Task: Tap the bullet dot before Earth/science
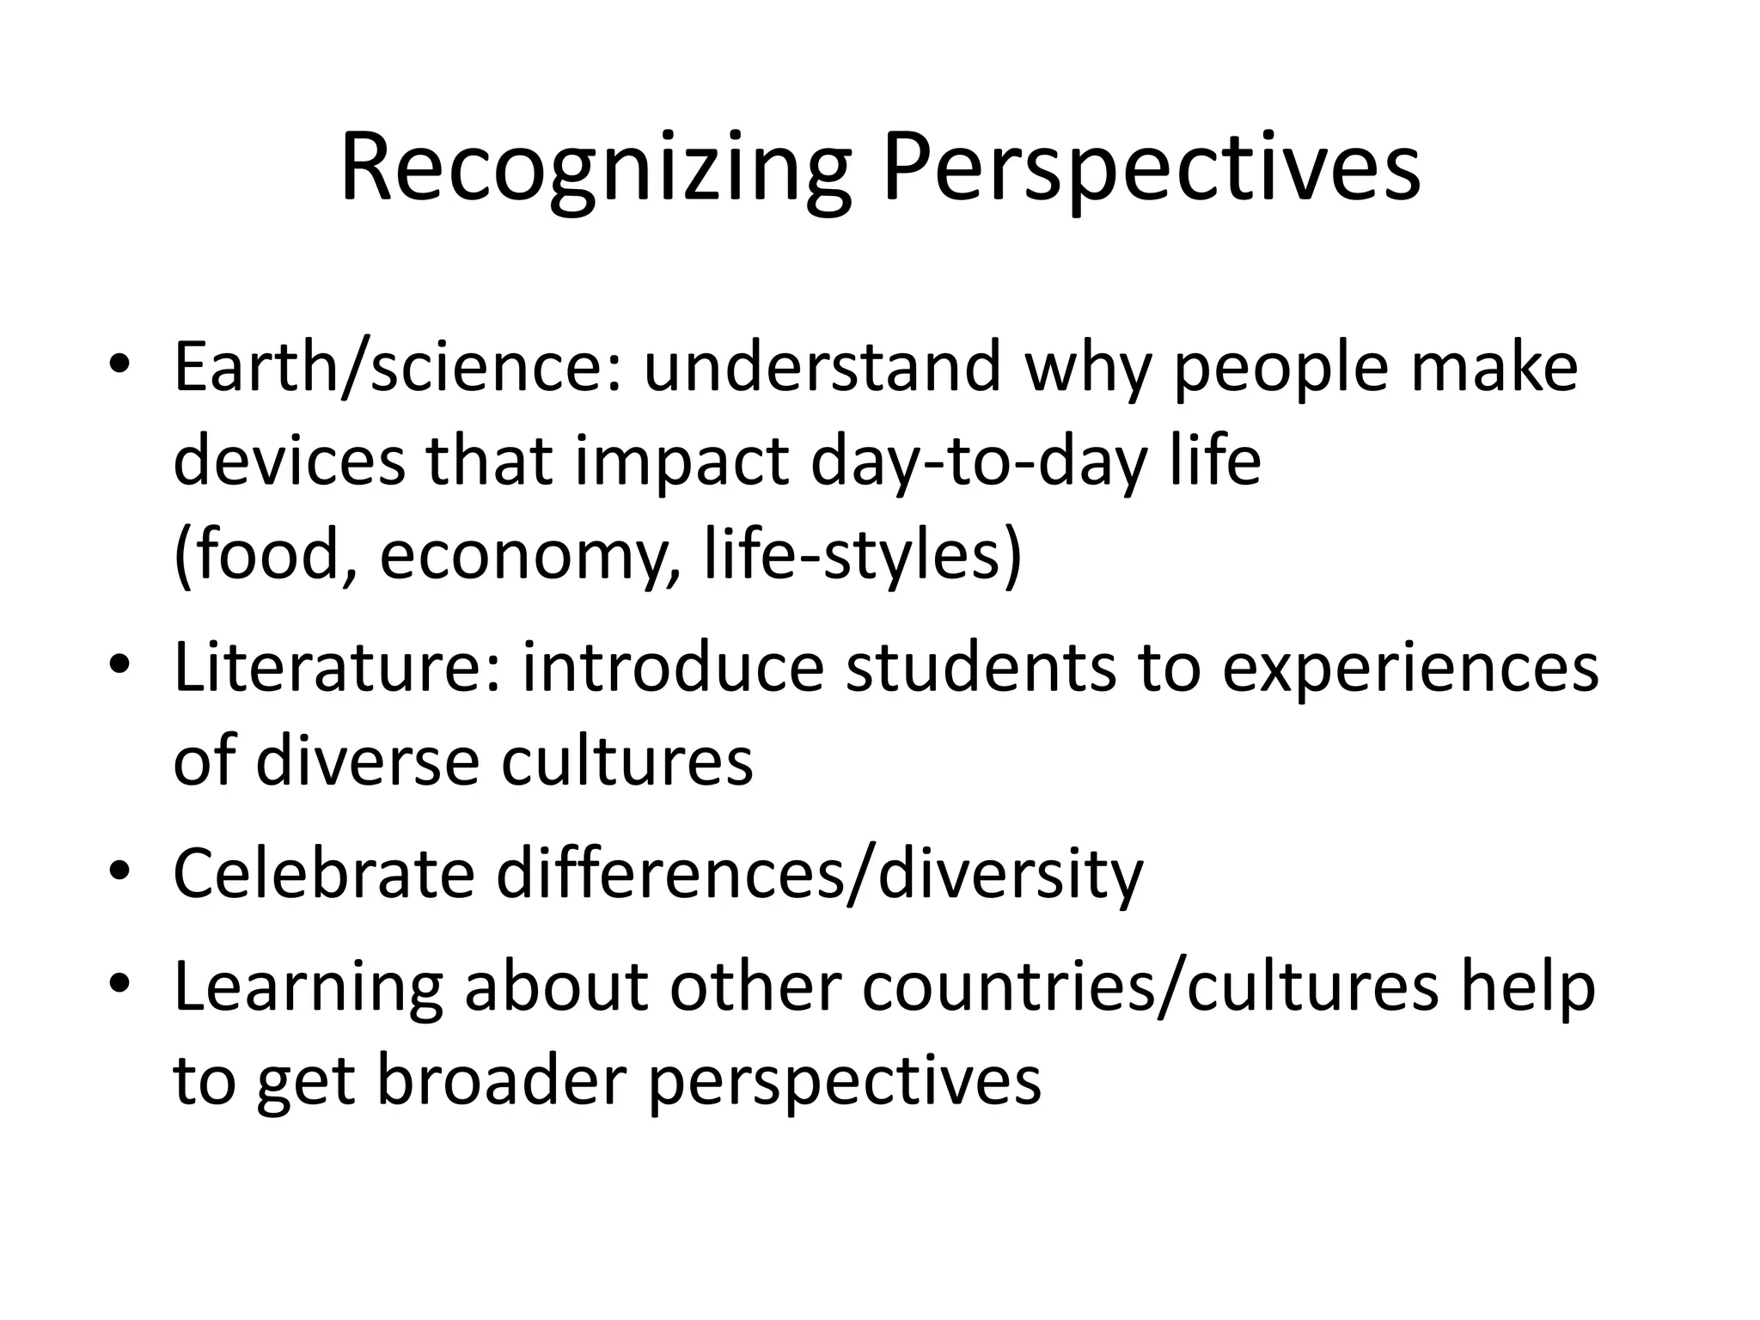coord(119,365)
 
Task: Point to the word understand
coord(822,367)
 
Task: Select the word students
coord(981,669)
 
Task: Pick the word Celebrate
coord(324,873)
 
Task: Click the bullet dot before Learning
coord(119,984)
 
